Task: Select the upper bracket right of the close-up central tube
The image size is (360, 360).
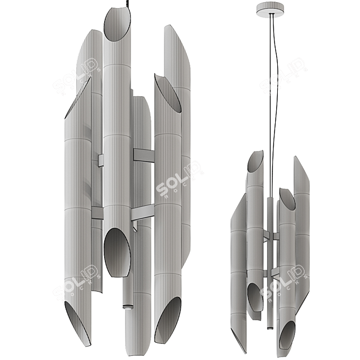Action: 143,155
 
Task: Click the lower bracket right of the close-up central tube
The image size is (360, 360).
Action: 142,212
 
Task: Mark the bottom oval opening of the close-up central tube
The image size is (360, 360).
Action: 117,252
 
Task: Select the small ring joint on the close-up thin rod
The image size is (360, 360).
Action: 127,306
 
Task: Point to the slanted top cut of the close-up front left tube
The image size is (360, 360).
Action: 78,97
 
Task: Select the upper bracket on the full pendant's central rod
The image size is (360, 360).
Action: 269,235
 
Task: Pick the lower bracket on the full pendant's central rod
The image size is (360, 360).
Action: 273,272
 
